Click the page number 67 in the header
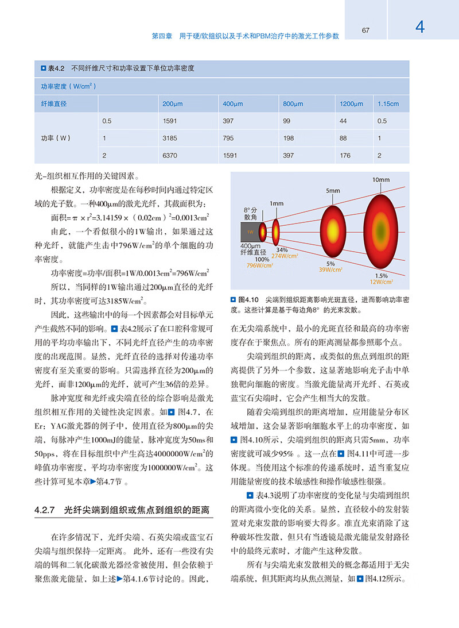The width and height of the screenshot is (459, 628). (365, 30)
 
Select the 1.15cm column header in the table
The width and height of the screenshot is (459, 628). (387, 104)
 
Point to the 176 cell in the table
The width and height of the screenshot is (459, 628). (345, 156)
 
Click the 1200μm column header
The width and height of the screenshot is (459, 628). (351, 104)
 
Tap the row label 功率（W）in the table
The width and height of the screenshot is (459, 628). (55, 138)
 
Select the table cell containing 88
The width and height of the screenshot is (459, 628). (343, 138)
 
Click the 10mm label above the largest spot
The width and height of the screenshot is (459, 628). (380, 180)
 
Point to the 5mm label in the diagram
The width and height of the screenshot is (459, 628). (333, 191)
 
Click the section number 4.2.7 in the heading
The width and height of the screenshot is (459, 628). (44, 510)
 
